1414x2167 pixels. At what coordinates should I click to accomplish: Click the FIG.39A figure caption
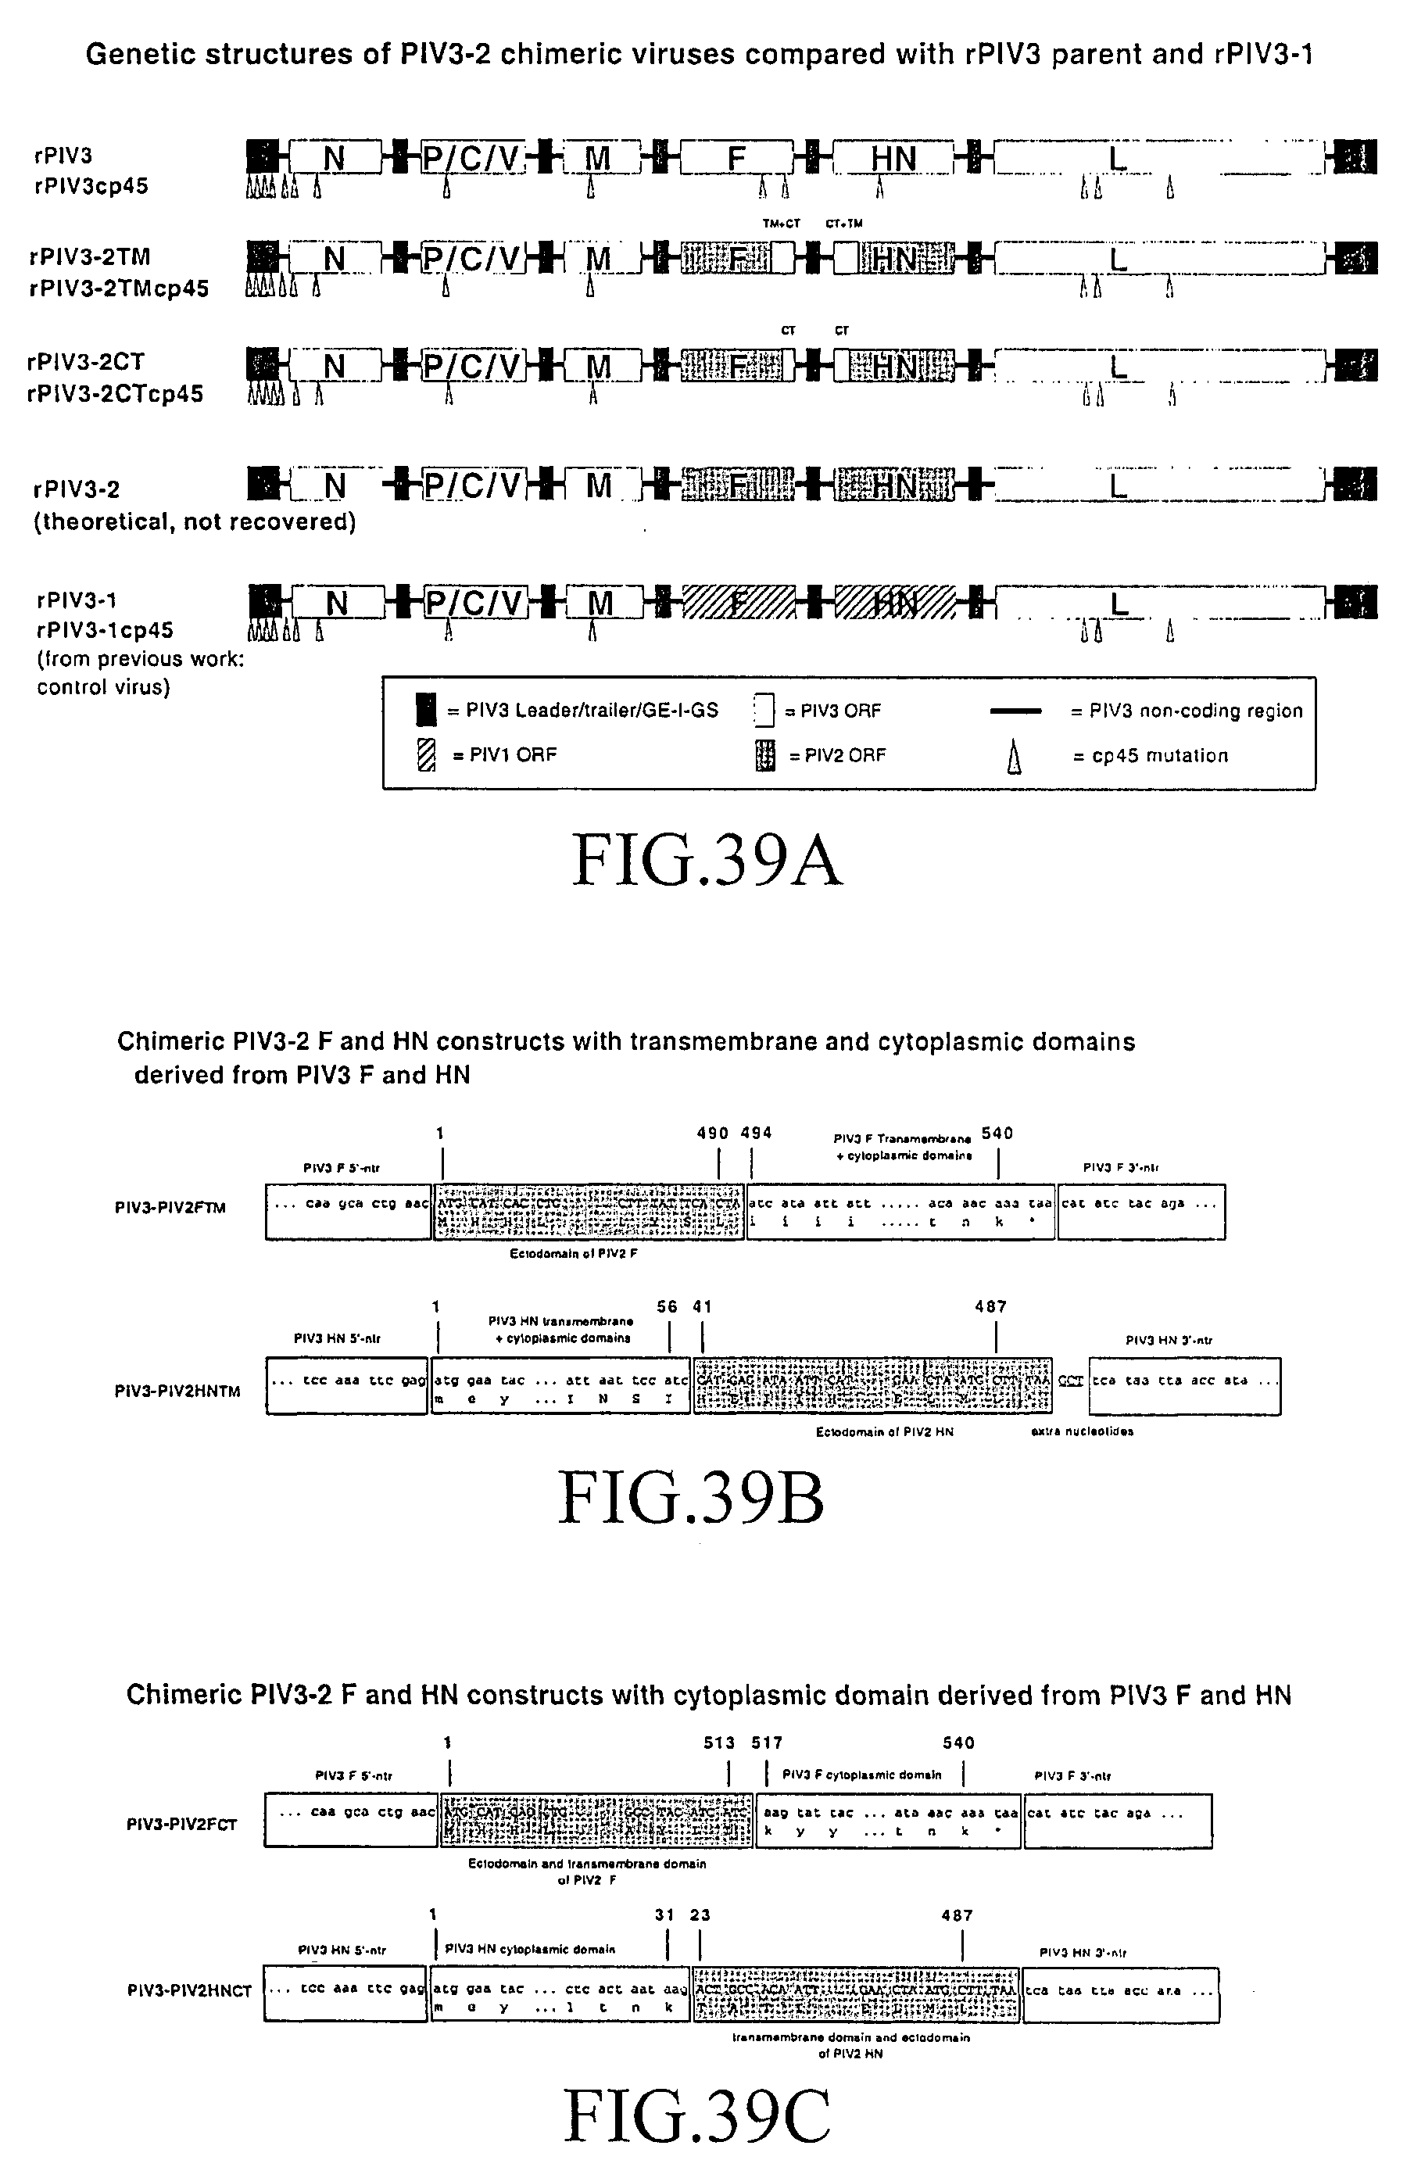click(707, 861)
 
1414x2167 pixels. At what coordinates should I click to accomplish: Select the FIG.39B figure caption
click(691, 1498)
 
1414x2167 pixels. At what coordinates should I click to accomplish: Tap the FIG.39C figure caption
click(696, 2116)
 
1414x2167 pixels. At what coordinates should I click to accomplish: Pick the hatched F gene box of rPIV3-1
click(738, 603)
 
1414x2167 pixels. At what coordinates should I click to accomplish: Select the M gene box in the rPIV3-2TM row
click(597, 260)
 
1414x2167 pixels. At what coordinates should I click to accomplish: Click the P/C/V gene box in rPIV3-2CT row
click(474, 366)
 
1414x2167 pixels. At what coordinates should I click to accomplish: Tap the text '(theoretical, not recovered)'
click(195, 521)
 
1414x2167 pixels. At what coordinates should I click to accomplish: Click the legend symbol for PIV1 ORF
click(425, 755)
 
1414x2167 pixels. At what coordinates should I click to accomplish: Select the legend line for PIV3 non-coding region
click(1015, 710)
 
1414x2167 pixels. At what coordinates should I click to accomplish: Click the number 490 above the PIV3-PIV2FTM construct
click(712, 1134)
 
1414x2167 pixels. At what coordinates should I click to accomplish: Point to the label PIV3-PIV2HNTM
click(177, 1392)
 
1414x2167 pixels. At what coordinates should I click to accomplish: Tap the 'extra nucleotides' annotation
click(1082, 1431)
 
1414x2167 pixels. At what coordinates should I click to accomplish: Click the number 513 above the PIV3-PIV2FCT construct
click(718, 1743)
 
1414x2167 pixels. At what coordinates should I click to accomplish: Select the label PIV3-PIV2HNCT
click(189, 1990)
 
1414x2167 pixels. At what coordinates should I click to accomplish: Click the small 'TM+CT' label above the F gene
click(781, 223)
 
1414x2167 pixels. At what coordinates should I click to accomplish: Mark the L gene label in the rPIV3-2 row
click(1118, 485)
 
